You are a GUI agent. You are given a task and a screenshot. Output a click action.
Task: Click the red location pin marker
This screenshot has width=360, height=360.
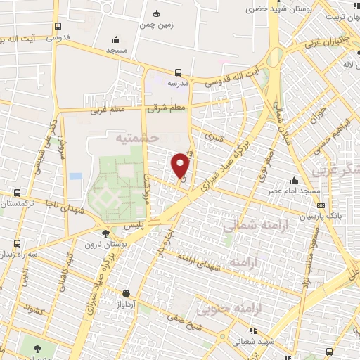point(181,165)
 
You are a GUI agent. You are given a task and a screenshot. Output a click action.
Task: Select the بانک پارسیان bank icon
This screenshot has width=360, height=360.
point(321,205)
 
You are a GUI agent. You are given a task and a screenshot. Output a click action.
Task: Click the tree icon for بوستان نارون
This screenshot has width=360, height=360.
point(105,233)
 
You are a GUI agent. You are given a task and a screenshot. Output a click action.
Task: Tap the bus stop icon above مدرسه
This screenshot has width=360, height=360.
point(178,72)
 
